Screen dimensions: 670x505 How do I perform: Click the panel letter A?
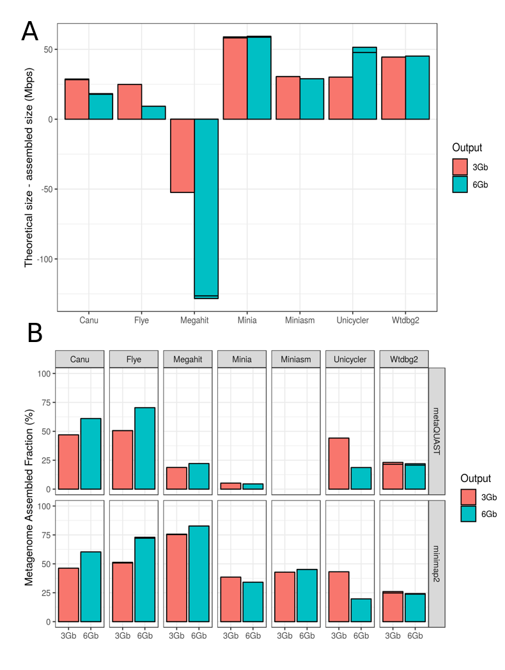[29, 31]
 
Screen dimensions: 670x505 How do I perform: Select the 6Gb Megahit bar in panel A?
[206, 208]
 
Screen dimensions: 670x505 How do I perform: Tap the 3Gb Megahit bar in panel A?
[182, 155]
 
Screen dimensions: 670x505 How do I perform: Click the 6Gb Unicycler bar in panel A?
[364, 83]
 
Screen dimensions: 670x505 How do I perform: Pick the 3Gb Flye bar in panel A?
[130, 102]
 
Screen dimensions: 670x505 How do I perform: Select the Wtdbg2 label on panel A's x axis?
[405, 320]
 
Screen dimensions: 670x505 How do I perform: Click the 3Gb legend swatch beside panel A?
[460, 167]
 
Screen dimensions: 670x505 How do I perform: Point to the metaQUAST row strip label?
[437, 430]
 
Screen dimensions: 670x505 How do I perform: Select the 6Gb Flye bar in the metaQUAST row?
[145, 448]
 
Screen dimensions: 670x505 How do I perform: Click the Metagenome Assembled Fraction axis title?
[29, 497]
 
